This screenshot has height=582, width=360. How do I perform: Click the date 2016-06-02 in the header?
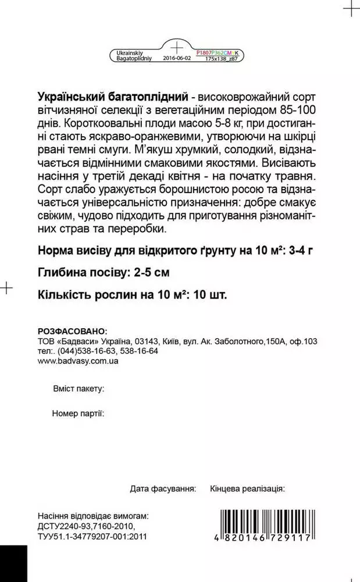click(x=176, y=59)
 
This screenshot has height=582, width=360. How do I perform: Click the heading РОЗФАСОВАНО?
click(x=72, y=331)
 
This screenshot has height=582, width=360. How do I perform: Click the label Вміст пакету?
click(x=78, y=388)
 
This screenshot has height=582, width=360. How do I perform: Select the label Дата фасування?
click(x=163, y=487)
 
